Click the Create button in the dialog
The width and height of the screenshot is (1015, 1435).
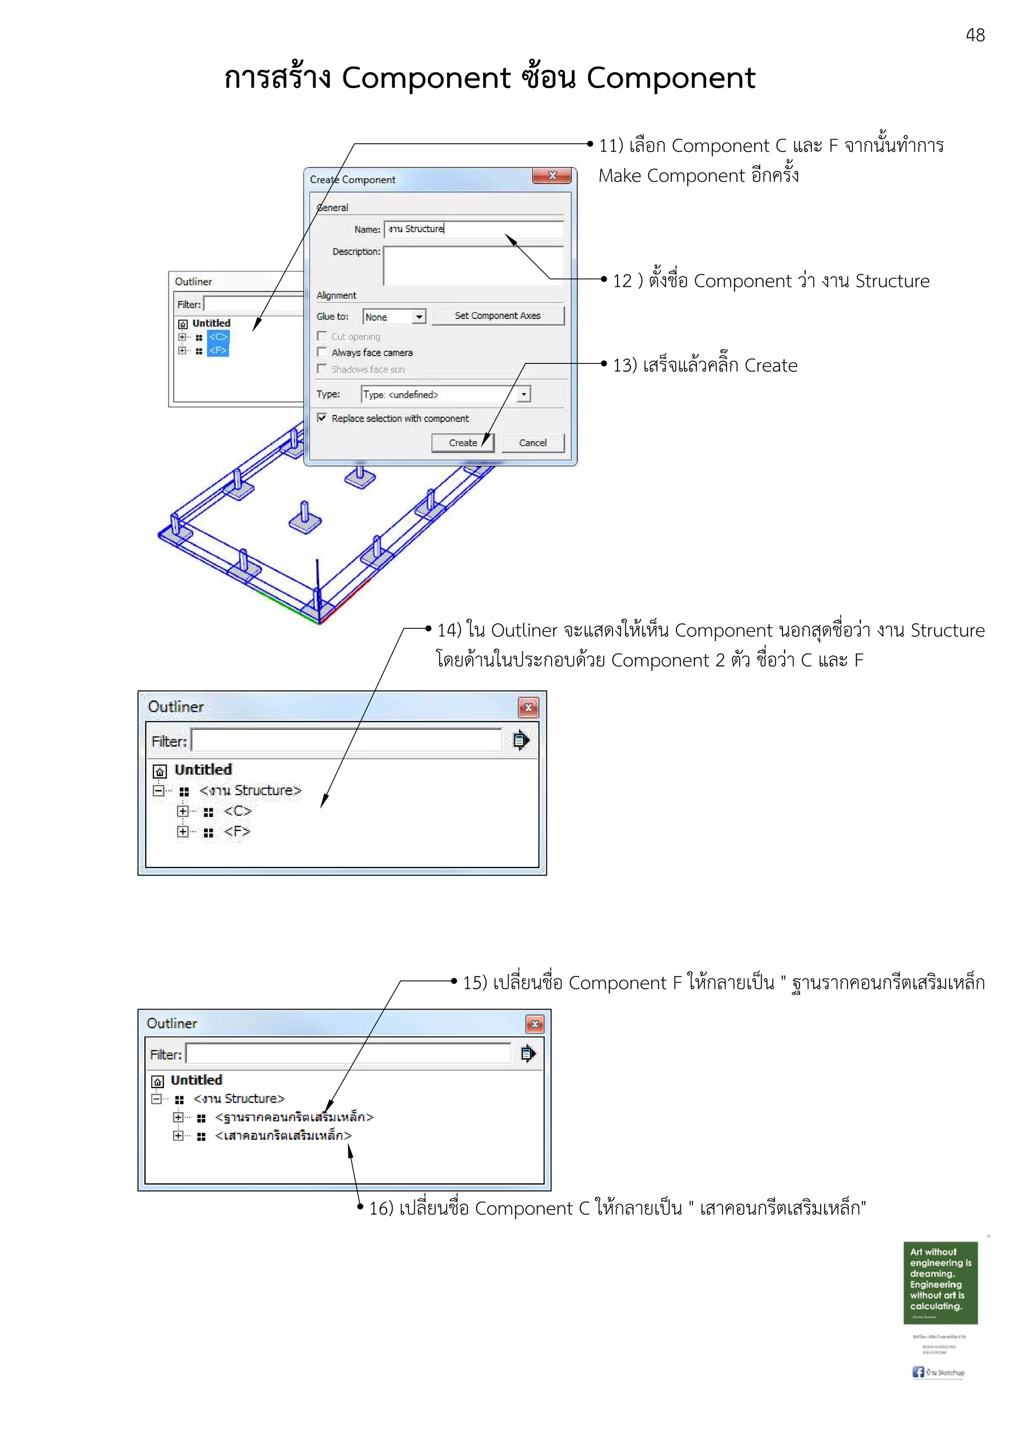[462, 443]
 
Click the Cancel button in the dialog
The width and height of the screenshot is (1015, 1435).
[532, 443]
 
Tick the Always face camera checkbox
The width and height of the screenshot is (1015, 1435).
[322, 353]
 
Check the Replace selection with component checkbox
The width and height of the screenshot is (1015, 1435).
[322, 418]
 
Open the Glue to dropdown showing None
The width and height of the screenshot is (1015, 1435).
[419, 317]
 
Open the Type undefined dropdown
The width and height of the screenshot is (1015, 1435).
[524, 394]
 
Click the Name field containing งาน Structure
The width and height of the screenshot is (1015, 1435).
[473, 229]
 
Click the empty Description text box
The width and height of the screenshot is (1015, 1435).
[473, 265]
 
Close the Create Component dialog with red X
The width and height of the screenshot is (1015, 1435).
[552, 176]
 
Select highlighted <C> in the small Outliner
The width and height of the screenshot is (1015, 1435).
[218, 337]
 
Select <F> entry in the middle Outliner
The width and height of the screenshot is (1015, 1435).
[237, 832]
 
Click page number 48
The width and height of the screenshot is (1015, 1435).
[975, 35]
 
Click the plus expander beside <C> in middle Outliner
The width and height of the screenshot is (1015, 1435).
[182, 811]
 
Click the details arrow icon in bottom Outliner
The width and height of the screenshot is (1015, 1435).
[528, 1054]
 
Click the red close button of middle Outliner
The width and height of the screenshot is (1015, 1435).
[528, 708]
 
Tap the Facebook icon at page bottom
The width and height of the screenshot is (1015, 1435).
[917, 1372]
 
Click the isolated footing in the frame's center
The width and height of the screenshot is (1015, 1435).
[305, 518]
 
